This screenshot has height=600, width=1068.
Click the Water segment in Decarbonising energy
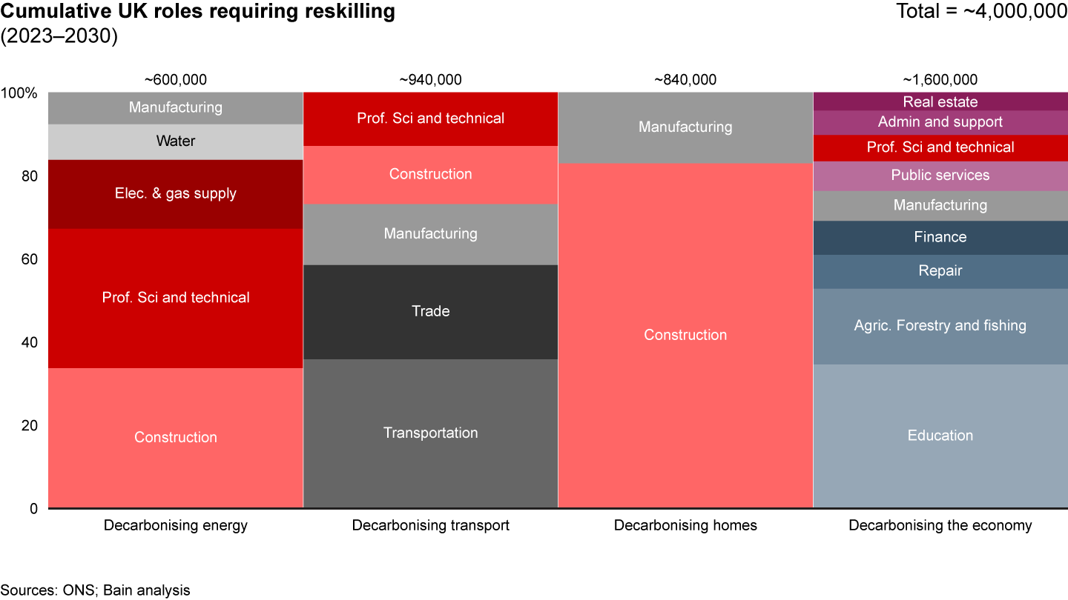(176, 141)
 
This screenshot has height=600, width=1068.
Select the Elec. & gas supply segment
(176, 194)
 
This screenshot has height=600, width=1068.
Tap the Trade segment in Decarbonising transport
(430, 312)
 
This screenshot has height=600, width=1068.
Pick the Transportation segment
(430, 433)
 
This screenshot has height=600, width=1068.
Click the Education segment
(940, 436)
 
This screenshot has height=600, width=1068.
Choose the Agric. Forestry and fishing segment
(940, 326)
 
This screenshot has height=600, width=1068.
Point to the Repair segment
(940, 271)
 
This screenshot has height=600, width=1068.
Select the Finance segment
(940, 238)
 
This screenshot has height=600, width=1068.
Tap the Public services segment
(940, 176)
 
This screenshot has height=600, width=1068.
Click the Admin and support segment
(940, 122)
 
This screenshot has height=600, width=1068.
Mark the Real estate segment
(940, 102)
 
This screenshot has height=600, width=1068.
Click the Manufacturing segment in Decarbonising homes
(685, 127)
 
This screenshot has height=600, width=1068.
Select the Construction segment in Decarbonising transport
(430, 175)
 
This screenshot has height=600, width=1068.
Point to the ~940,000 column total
(430, 80)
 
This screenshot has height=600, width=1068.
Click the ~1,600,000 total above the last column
(940, 80)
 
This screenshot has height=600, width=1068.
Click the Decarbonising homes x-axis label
(685, 526)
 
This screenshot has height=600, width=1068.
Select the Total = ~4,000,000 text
(981, 13)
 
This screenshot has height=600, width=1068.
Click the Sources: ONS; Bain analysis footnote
(95, 590)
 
